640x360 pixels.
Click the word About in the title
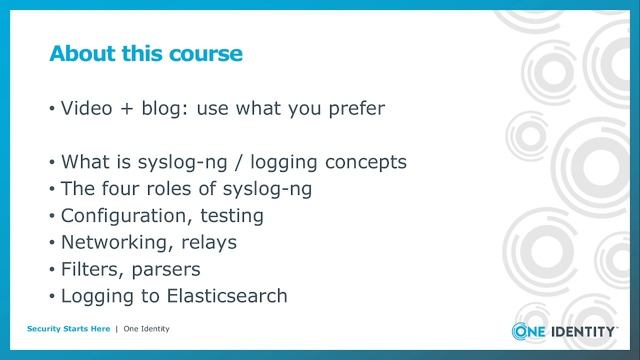pos(83,53)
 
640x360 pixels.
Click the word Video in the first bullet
pos(87,108)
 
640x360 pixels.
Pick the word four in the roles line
pos(125,188)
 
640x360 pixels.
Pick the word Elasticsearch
pos(223,296)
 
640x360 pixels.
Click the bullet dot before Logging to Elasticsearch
pos(51,297)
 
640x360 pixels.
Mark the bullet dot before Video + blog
pos(51,109)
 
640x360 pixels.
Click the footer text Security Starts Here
pos(68,329)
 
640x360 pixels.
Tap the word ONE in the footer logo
pos(530,332)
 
